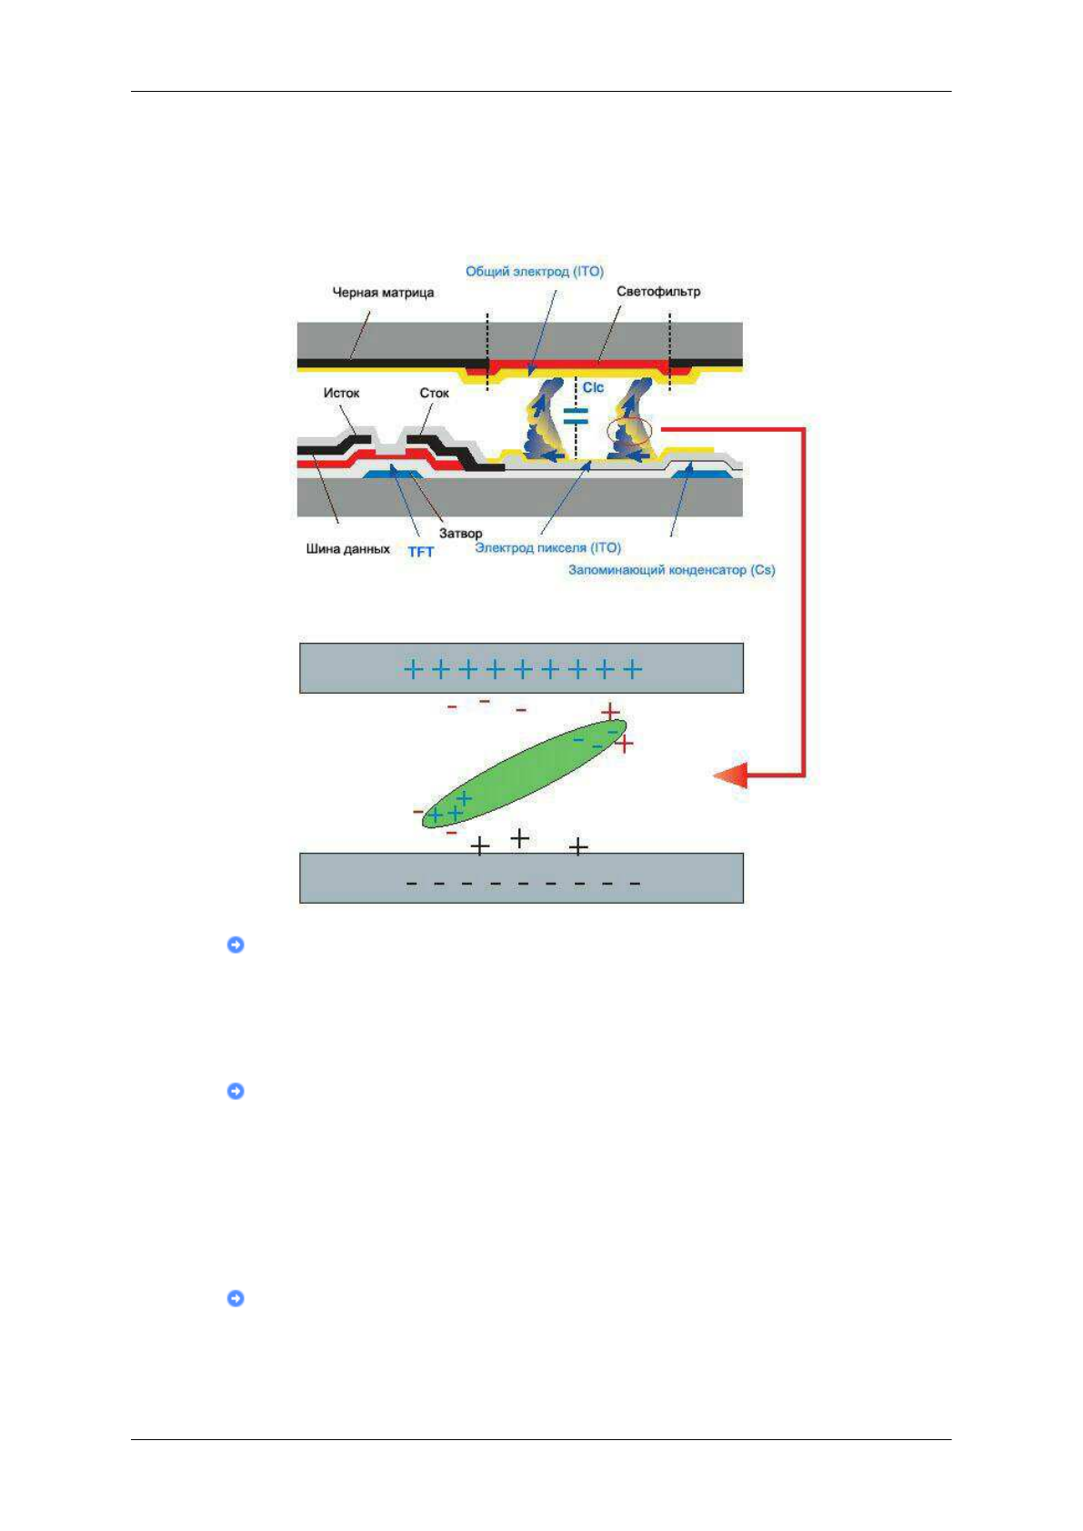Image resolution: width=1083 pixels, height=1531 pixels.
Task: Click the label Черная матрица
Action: (383, 293)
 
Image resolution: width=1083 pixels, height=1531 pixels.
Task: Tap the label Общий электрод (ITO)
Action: (534, 271)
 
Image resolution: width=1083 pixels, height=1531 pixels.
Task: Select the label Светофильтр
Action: (658, 292)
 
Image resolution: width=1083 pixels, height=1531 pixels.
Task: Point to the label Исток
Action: (341, 393)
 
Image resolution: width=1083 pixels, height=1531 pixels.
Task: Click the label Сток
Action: (434, 393)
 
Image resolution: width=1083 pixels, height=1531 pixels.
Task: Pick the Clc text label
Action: (593, 387)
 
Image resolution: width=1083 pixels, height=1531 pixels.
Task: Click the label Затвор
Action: (460, 533)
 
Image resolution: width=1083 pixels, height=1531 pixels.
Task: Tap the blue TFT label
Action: (420, 551)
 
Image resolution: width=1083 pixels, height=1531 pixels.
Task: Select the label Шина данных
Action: (347, 549)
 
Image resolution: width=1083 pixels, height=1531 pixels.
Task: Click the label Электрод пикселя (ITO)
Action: (547, 547)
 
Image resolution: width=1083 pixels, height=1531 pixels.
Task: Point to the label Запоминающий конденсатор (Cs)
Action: (671, 570)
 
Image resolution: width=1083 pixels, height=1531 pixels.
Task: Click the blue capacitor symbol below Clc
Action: (576, 416)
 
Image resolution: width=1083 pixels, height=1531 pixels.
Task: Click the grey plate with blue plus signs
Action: (521, 668)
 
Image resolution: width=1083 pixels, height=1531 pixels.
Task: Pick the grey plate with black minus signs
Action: (521, 878)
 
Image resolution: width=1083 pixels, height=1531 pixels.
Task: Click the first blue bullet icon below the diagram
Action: (236, 945)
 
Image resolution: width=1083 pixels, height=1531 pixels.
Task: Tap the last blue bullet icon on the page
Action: (236, 1298)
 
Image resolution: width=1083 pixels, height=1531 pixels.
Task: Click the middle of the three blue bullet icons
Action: (236, 1091)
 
